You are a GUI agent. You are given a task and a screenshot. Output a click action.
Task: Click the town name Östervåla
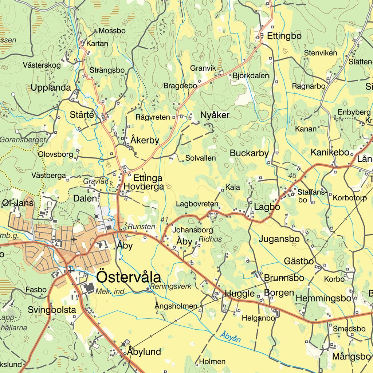coord(129,278)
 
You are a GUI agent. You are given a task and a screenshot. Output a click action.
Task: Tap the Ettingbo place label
coord(284,36)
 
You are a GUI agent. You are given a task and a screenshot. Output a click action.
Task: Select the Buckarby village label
coord(249,153)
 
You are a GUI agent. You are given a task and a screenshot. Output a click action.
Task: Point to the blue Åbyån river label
coord(230,337)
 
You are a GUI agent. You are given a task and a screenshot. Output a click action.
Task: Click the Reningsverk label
coord(171,287)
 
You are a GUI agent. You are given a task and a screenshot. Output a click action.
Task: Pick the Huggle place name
coord(240,294)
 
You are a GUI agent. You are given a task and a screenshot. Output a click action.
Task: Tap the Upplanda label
coord(51,88)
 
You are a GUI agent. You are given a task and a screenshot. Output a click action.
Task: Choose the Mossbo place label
coord(112,31)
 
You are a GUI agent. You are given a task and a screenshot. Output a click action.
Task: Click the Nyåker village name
coord(215,115)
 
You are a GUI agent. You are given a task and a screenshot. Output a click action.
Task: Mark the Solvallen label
coord(200,158)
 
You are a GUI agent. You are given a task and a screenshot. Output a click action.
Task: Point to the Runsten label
coord(141,227)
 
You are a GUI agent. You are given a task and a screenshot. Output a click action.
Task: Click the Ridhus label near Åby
coord(210,239)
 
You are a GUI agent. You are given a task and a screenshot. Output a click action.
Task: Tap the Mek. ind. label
coord(111,291)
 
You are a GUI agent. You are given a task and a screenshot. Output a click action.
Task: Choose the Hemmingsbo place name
coord(323,298)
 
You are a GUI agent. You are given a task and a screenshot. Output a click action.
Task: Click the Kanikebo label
coord(330,153)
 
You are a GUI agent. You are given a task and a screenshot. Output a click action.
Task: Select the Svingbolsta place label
coord(52,310)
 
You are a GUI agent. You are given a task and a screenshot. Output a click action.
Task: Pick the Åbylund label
coord(144,352)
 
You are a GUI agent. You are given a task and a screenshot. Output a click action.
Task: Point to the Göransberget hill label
coord(23,140)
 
